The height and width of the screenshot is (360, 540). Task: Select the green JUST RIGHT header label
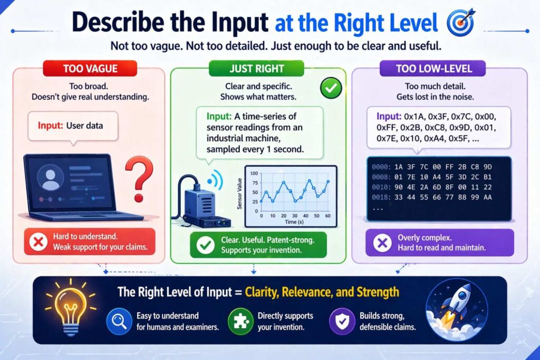[257, 69]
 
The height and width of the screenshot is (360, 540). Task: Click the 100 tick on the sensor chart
[254, 173]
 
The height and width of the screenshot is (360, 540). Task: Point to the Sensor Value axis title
[240, 192]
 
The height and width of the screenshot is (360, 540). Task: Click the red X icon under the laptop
[37, 242]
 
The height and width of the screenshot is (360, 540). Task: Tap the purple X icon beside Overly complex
[381, 242]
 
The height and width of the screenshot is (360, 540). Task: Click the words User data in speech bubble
[85, 126]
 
